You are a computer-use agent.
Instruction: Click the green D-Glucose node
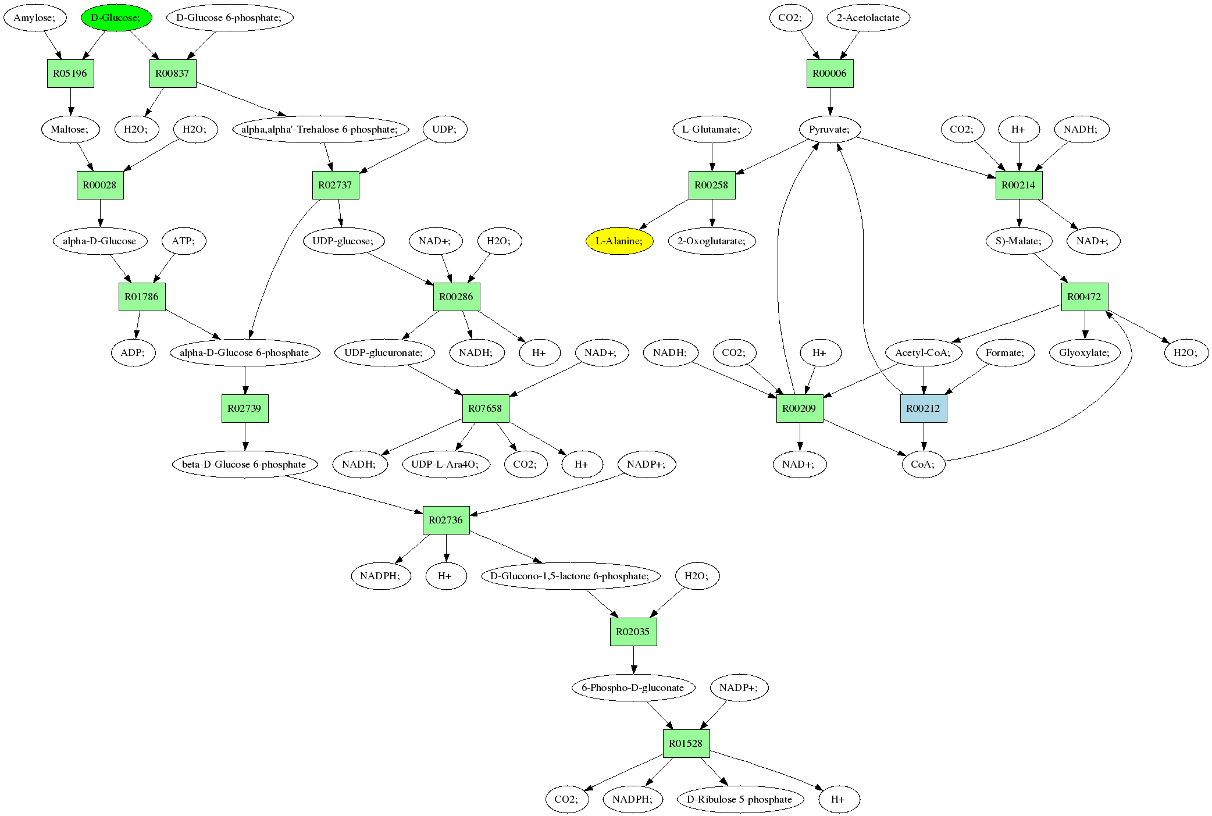pyautogui.click(x=116, y=17)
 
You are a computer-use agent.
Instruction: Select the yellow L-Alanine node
pyautogui.click(x=619, y=241)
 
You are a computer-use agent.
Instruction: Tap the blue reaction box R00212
pyautogui.click(x=924, y=408)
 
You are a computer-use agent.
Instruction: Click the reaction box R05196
pyautogui.click(x=70, y=73)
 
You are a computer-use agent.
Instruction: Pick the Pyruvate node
pyautogui.click(x=829, y=129)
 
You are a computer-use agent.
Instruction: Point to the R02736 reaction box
pyautogui.click(x=446, y=520)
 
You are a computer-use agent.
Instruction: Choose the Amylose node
pyautogui.click(x=35, y=17)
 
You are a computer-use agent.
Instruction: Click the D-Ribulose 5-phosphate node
pyautogui.click(x=740, y=799)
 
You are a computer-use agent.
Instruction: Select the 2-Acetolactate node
pyautogui.click(x=868, y=17)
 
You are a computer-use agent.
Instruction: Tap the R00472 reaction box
pyautogui.click(x=1085, y=297)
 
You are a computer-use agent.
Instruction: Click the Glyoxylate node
pyautogui.click(x=1085, y=352)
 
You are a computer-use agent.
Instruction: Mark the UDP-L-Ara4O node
pyautogui.click(x=445, y=464)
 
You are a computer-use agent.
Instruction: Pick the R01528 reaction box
pyautogui.click(x=686, y=743)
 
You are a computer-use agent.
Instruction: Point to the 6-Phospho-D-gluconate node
pyautogui.click(x=633, y=687)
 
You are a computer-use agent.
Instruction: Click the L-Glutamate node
pyautogui.click(x=712, y=129)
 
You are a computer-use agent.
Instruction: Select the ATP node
pyautogui.click(x=184, y=241)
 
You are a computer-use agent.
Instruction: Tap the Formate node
pyautogui.click(x=1006, y=352)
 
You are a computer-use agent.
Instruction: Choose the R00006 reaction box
pyautogui.click(x=830, y=73)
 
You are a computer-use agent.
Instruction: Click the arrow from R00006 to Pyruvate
pyautogui.click(x=830, y=102)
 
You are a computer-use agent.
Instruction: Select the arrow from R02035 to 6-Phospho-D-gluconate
pyautogui.click(x=633, y=660)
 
